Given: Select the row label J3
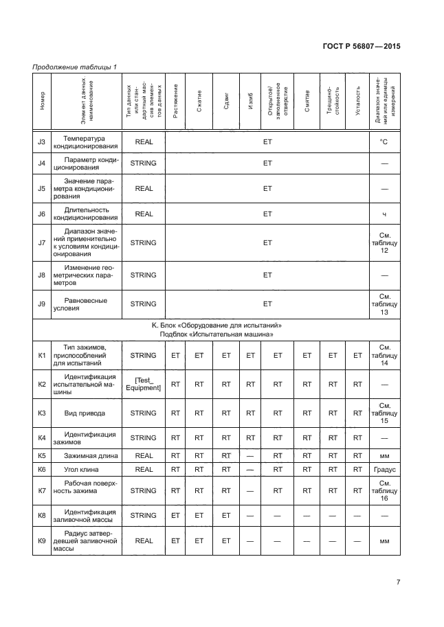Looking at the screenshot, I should (x=41, y=142).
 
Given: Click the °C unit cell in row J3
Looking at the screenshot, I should (x=384, y=142).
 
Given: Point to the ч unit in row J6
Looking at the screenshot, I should (x=384, y=214).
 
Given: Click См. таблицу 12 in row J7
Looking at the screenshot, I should (x=384, y=242).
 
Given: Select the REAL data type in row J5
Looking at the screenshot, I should (x=144, y=187).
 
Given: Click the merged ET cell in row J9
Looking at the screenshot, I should (x=267, y=304).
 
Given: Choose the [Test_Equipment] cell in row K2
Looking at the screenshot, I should (x=144, y=385).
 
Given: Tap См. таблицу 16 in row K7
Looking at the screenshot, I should (x=384, y=491).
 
